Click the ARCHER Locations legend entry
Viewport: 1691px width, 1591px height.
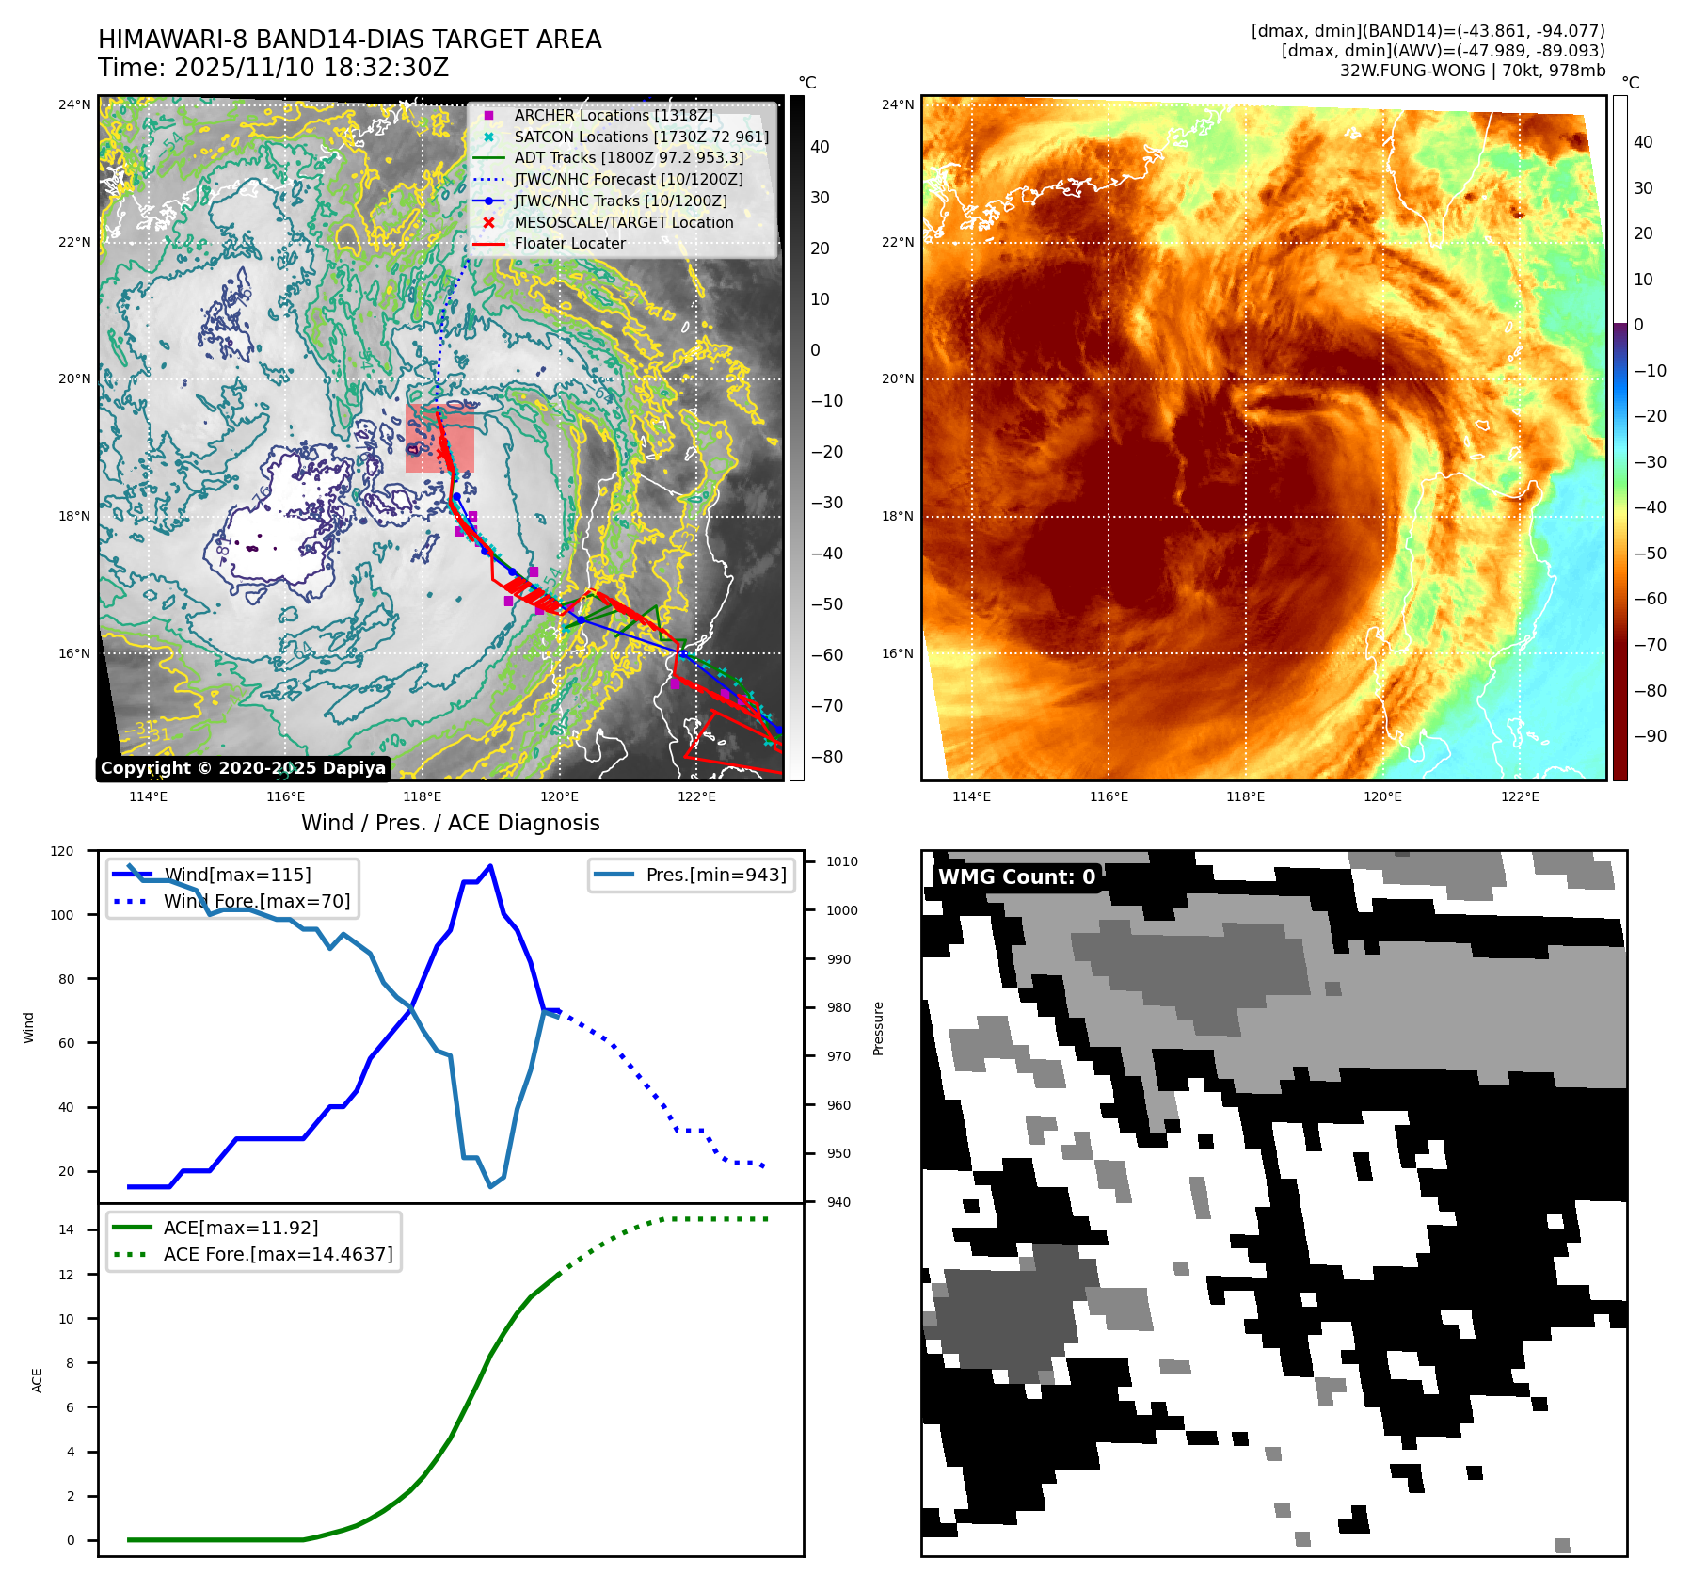coord(613,115)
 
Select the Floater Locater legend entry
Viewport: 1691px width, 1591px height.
coord(569,243)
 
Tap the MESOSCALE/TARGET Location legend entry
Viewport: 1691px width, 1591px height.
coord(623,222)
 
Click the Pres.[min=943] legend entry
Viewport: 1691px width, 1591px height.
coord(715,875)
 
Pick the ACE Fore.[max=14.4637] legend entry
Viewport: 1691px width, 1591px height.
coord(278,1254)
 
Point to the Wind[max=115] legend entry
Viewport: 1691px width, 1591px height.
coord(237,875)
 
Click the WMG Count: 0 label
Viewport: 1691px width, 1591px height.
coord(1016,876)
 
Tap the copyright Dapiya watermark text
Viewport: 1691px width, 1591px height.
coord(243,768)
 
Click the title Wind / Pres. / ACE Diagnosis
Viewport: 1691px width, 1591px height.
coord(450,823)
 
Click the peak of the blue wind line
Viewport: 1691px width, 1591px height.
coord(490,866)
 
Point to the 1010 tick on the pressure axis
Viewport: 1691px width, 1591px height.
coord(842,861)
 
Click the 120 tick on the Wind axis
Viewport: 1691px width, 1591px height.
coord(62,851)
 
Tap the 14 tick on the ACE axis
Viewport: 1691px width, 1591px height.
coord(66,1229)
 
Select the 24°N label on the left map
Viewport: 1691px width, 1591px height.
coord(74,104)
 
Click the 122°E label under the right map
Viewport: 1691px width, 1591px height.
coord(1520,796)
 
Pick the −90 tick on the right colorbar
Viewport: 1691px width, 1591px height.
coord(1650,736)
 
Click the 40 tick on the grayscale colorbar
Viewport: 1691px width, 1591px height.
coord(820,147)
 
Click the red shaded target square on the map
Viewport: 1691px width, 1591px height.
coord(439,439)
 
